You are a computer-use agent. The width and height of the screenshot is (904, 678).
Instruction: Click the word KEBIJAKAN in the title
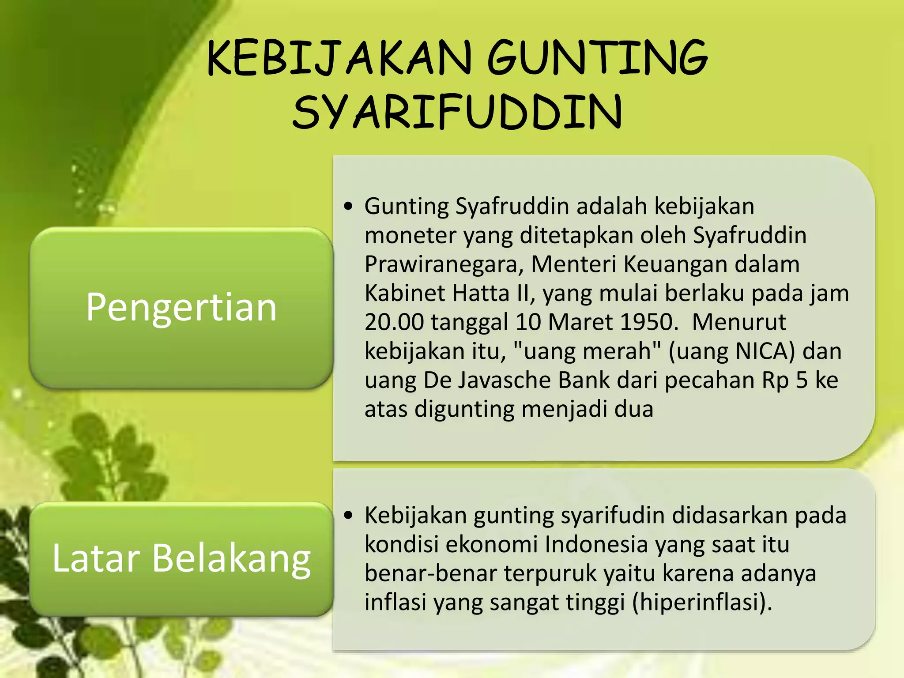point(340,58)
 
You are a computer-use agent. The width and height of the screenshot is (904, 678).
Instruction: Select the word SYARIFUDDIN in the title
point(457,112)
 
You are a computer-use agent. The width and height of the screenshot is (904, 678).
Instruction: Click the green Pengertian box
point(181,307)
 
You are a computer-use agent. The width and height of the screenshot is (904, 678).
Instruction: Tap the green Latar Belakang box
point(181,558)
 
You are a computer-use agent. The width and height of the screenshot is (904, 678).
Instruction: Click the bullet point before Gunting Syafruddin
point(349,206)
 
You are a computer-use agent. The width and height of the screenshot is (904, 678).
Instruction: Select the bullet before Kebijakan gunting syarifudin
point(349,515)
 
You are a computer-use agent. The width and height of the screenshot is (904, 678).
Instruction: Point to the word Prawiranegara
point(444,264)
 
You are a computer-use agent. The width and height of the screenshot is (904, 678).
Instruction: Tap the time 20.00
point(394,322)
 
